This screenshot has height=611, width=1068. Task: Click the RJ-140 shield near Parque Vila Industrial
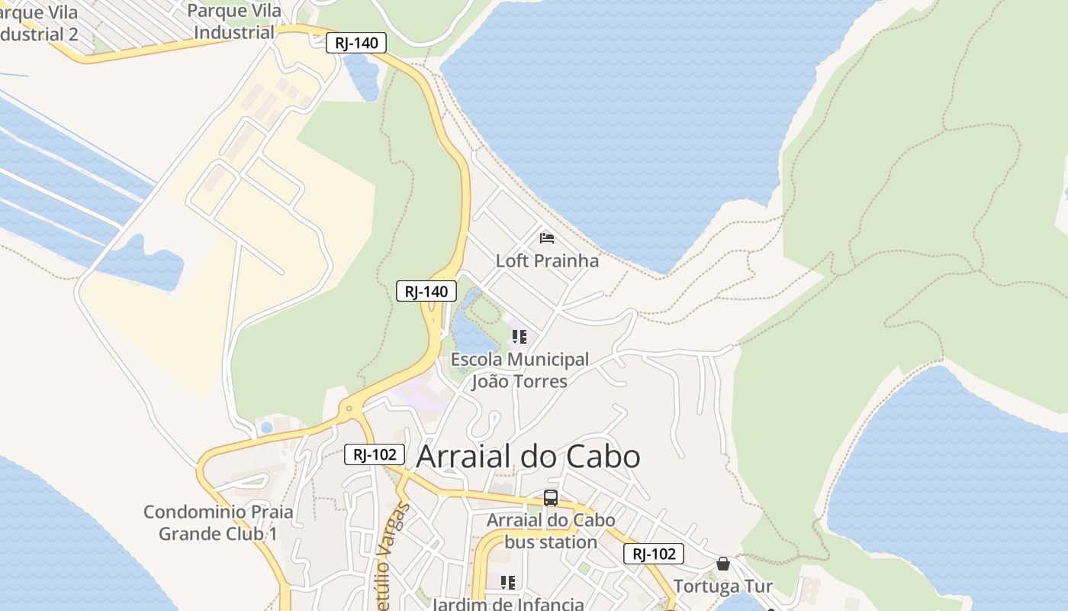click(356, 43)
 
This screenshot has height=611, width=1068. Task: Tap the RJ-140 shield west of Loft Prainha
click(426, 291)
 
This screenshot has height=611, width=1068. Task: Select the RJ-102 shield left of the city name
click(374, 454)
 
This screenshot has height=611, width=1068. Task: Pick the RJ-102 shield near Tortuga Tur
click(653, 554)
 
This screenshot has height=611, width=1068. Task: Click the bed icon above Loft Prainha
click(546, 238)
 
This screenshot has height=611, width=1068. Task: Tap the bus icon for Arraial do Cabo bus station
click(551, 498)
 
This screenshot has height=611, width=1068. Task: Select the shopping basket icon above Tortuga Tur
click(723, 564)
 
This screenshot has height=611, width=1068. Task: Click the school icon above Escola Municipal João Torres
click(520, 336)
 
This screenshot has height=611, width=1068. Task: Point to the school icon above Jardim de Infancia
click(508, 582)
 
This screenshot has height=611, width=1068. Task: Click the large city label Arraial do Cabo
click(528, 456)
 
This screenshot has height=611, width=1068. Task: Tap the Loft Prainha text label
click(547, 260)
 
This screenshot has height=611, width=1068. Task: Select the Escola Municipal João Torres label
click(520, 370)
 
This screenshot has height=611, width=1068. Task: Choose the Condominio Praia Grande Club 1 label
click(218, 522)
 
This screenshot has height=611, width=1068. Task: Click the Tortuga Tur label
click(723, 587)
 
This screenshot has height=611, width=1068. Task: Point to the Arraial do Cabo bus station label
click(551, 531)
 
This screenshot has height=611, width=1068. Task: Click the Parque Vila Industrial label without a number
click(234, 21)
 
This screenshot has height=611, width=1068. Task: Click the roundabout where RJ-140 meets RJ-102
click(349, 409)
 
